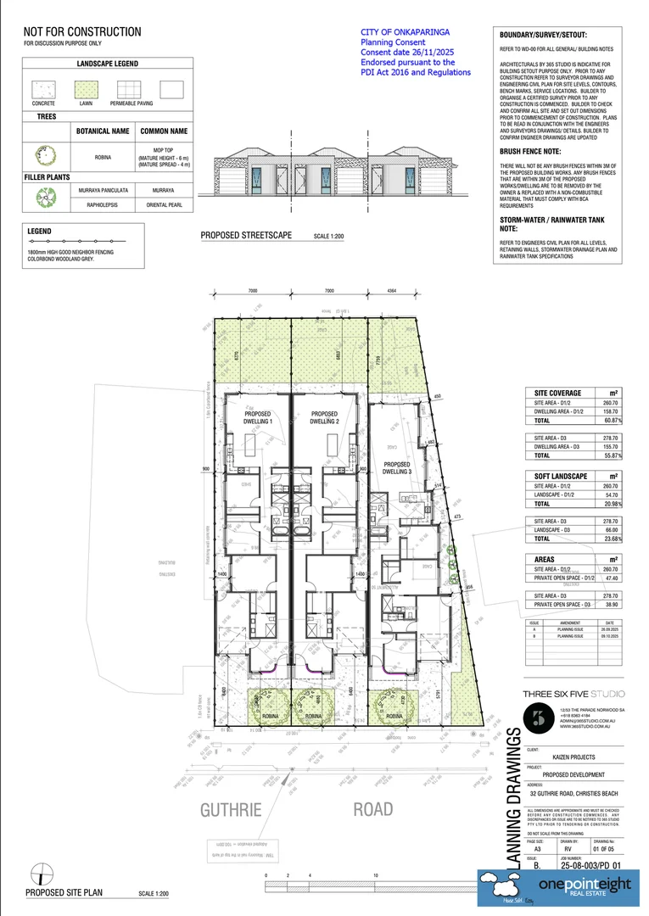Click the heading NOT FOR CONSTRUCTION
(x=82, y=32)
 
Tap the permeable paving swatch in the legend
(x=128, y=90)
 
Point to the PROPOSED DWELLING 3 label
(x=397, y=468)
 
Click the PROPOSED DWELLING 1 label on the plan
(x=258, y=417)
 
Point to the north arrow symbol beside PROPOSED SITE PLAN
(x=36, y=874)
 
